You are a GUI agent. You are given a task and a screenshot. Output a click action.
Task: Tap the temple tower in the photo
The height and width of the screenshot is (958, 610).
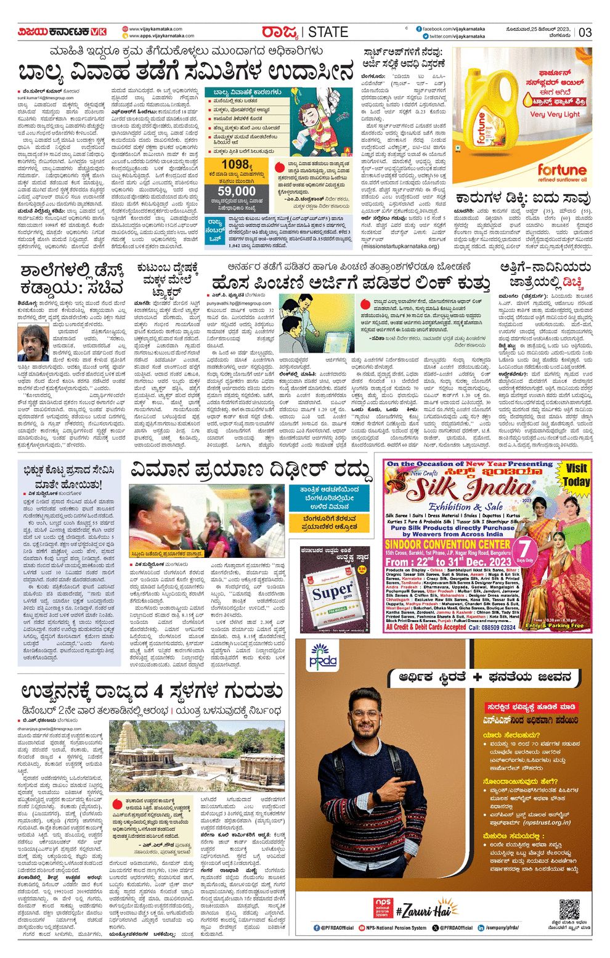[x=131, y=742]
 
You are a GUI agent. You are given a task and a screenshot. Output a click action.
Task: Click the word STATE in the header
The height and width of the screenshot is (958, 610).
[x=328, y=32]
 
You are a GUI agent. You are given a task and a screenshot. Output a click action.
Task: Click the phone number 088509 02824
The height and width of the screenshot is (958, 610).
[x=492, y=627]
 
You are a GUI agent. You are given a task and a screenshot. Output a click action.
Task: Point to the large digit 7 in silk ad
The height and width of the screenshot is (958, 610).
[x=525, y=549]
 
